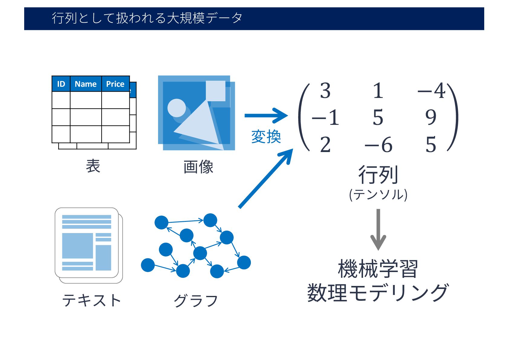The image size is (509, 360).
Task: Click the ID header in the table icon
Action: pos(61,84)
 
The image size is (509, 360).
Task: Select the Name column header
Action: pos(86,84)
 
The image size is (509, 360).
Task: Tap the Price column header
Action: pos(115,84)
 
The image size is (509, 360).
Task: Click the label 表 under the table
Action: pos(93,166)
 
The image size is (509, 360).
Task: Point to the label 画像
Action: pos(198,167)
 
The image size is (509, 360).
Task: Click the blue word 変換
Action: pos(266,137)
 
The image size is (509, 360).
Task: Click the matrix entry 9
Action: pos(431,117)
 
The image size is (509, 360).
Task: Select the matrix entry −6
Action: pos(378,145)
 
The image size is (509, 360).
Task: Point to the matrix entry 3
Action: pos(325,91)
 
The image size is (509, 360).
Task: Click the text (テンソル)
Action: pos(378,195)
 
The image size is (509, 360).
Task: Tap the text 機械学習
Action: pos(378,269)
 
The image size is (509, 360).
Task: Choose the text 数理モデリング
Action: pos(378,293)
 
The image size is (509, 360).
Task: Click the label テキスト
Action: pos(92,300)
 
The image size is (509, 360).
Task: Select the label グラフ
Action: pos(196,300)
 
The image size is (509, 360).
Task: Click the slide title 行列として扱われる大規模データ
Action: pos(147,18)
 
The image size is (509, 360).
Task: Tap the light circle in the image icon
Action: pos(177,108)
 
